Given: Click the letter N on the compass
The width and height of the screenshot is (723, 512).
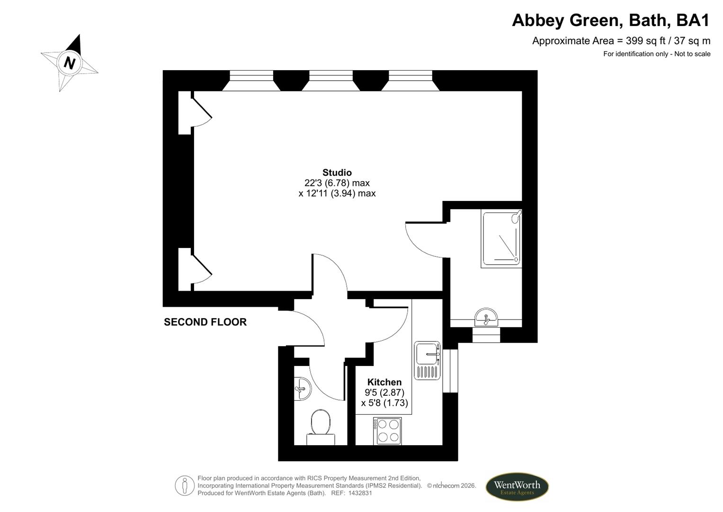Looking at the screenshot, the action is (x=70, y=63).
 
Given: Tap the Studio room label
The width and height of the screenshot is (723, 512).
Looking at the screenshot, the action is (x=337, y=173).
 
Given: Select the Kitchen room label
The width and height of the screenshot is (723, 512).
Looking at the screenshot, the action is (x=384, y=383).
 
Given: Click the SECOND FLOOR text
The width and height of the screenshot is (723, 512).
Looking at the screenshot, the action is (x=205, y=322).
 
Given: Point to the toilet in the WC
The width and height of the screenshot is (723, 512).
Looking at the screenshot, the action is (x=321, y=427).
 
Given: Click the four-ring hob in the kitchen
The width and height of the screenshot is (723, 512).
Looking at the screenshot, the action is (x=387, y=431).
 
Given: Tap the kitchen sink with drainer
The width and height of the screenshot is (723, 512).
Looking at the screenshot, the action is (x=427, y=360).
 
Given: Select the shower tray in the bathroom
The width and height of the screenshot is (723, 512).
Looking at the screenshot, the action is (x=501, y=238).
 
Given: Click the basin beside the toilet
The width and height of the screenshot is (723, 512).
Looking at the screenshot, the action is (x=303, y=389).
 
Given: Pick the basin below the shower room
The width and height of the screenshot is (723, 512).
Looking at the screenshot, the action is (x=486, y=317).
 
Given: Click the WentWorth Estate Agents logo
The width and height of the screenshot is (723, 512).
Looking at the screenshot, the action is (x=517, y=487).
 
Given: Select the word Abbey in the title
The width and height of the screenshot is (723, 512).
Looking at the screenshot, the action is (x=537, y=20).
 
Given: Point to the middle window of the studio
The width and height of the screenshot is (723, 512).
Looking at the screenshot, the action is (x=331, y=80).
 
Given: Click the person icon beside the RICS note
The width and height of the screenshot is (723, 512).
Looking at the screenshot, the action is (x=185, y=485).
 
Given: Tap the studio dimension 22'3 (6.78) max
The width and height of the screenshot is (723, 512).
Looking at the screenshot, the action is (x=337, y=183).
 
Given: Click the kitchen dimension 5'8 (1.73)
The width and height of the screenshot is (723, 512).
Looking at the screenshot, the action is (x=384, y=403).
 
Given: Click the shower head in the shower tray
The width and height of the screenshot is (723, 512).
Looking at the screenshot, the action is (x=516, y=217).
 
